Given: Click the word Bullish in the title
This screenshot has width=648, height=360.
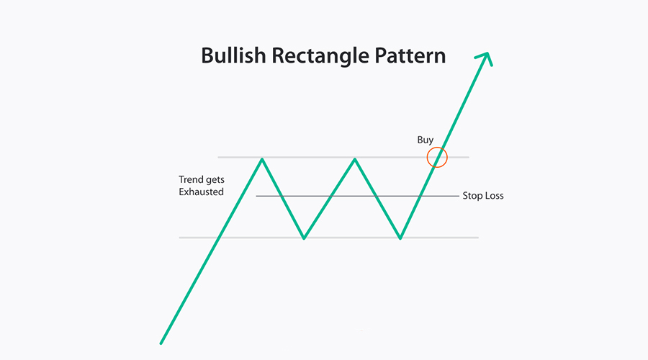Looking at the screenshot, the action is point(233,55).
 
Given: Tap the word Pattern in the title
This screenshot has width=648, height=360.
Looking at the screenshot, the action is point(410,55).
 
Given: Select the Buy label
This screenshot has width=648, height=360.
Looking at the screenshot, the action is point(426,140).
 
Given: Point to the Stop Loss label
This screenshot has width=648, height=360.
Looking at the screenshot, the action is point(483,196).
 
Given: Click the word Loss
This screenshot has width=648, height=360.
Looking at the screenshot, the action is point(494,196).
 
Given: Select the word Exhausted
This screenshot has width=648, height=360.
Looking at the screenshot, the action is point(202,192).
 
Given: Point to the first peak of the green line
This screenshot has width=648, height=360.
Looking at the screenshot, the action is point(262,158).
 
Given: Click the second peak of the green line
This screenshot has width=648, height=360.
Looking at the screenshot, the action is point(354,158).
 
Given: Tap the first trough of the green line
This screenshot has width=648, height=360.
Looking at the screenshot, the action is point(304,238).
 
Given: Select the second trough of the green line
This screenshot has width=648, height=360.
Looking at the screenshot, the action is point(400,238).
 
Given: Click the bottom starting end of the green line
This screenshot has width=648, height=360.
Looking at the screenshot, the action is point(161,343).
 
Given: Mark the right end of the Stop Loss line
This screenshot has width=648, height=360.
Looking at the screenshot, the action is point(459,196).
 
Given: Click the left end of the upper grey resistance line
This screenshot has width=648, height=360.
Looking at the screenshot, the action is point(218,158).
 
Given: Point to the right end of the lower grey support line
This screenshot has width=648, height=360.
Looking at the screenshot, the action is point(478,238).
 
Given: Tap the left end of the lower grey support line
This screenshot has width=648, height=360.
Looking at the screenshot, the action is point(179,238).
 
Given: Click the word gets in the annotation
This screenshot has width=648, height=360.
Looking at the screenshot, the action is point(214,180).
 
